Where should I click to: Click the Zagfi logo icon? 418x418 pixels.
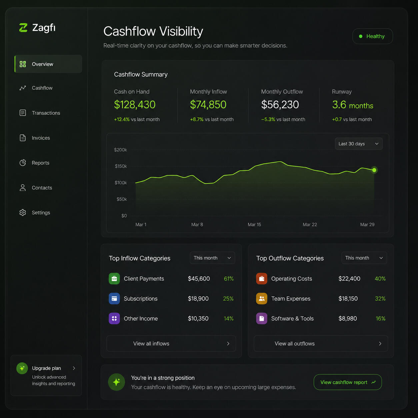(x=23, y=28)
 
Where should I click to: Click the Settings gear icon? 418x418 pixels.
(x=23, y=213)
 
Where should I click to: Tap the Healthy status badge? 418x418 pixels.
(x=372, y=36)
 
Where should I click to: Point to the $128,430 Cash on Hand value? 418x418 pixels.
(x=135, y=105)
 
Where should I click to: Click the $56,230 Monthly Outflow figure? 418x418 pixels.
(x=280, y=105)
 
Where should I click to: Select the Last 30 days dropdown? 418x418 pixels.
(x=359, y=144)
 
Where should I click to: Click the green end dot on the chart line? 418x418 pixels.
(x=374, y=170)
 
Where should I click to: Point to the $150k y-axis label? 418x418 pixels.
(x=121, y=166)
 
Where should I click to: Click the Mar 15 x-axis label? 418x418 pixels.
(x=254, y=225)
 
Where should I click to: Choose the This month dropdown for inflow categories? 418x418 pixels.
(x=212, y=258)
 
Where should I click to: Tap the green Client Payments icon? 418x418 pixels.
(x=114, y=279)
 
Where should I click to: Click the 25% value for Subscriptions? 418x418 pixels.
(x=228, y=298)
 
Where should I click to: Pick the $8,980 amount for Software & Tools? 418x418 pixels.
(x=348, y=318)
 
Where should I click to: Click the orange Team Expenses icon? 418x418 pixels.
(x=262, y=298)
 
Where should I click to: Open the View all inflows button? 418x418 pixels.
(x=171, y=343)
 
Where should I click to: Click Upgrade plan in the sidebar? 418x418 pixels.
(x=46, y=368)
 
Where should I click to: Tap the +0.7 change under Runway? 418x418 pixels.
(x=337, y=119)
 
